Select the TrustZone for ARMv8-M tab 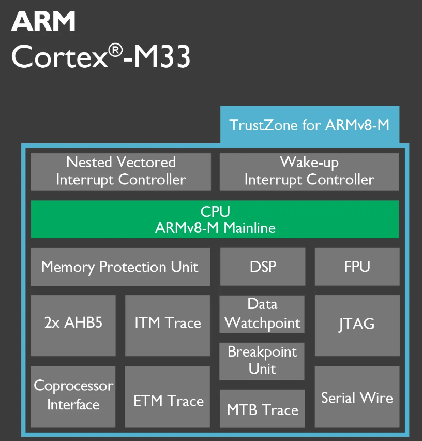pyautogui.click(x=309, y=125)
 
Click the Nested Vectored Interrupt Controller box pyautogui.click(x=120, y=171)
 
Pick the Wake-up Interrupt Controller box pyautogui.click(x=309, y=171)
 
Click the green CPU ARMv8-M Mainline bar pyautogui.click(x=215, y=219)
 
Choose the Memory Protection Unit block pyautogui.click(x=120, y=267)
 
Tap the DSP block pyautogui.click(x=262, y=267)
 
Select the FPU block pyautogui.click(x=357, y=267)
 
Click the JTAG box pyautogui.click(x=357, y=325)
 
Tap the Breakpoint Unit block pyautogui.click(x=262, y=361)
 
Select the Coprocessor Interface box pyautogui.click(x=73, y=395)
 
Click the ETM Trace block pyautogui.click(x=168, y=401)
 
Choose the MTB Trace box pyautogui.click(x=262, y=409)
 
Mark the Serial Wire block pyautogui.click(x=357, y=397)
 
